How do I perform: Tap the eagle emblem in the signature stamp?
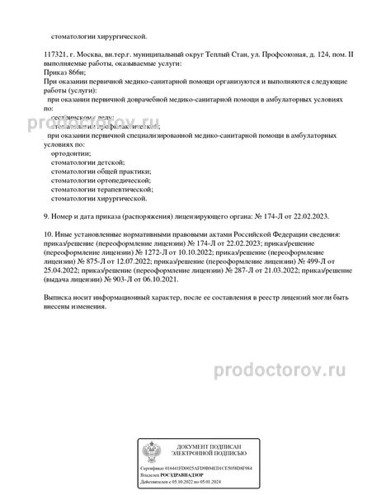coord(154,452)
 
